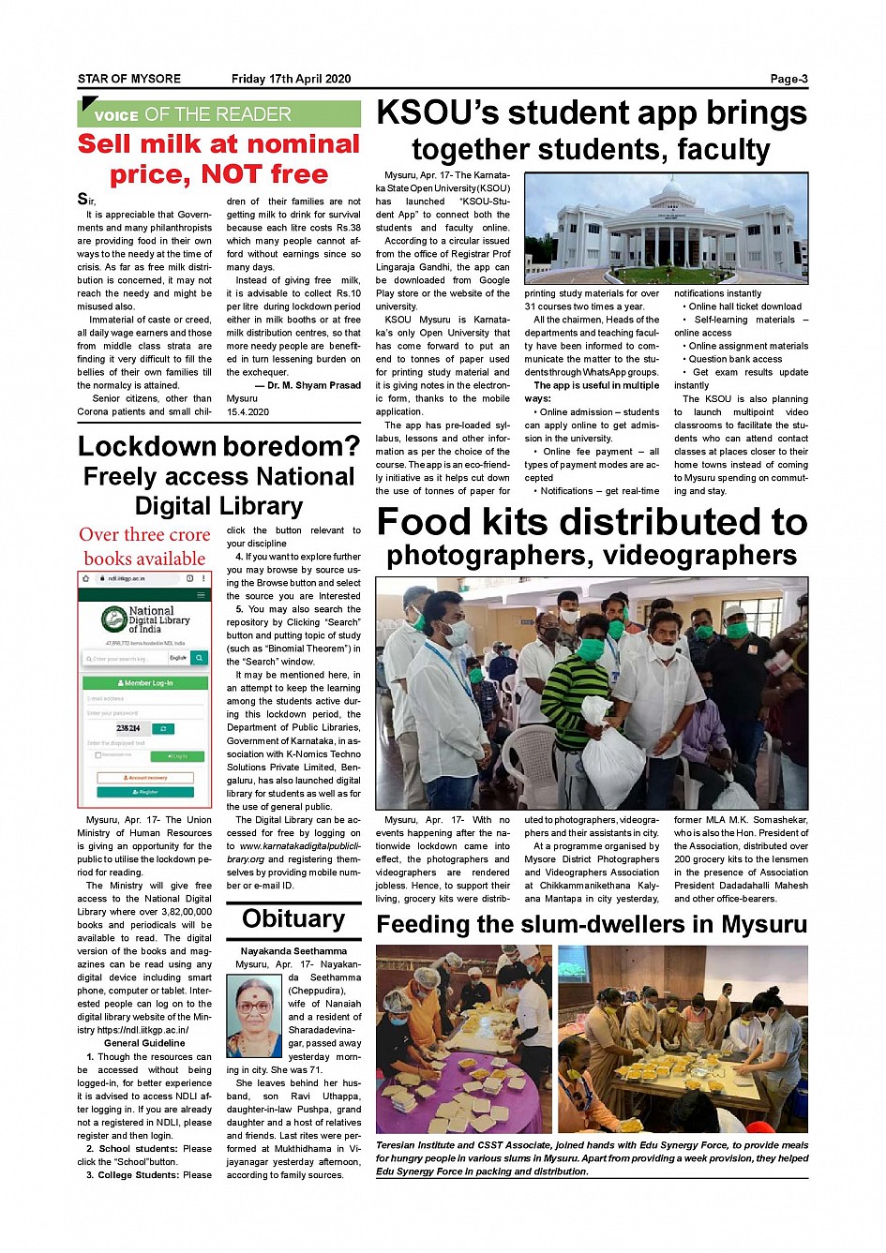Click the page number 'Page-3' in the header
coord(788,79)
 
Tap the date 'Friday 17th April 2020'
coord(291,79)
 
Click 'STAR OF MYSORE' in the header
coord(129,79)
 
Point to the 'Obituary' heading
coord(293,918)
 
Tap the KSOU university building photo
coord(666,229)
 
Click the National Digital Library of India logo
coord(145,619)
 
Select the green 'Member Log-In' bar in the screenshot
coord(145,683)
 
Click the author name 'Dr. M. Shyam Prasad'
coord(313,385)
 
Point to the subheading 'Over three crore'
coord(144,535)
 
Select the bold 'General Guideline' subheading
coord(144,1043)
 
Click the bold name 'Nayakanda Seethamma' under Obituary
coord(293,951)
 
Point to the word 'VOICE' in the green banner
coord(116,116)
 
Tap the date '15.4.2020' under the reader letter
coord(248,411)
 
